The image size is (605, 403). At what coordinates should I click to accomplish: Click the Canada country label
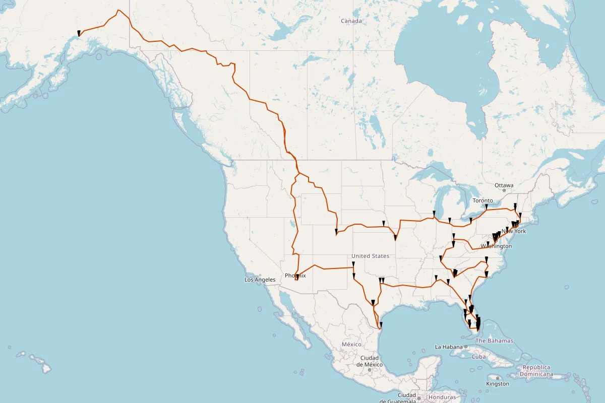click(351, 21)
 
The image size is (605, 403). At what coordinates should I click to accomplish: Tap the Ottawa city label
click(504, 185)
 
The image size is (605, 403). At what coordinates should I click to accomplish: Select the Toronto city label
click(482, 200)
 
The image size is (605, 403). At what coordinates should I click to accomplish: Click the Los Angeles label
click(260, 280)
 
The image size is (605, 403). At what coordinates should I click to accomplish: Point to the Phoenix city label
click(295, 276)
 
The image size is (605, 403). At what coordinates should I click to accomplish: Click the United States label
click(371, 256)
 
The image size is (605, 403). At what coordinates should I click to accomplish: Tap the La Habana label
click(449, 347)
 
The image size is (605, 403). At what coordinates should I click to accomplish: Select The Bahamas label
click(494, 341)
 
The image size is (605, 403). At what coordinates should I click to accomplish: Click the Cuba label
click(478, 357)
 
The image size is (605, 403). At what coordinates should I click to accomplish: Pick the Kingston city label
click(498, 384)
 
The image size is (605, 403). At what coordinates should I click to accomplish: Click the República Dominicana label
click(536, 371)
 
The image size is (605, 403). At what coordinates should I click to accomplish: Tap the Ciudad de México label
click(370, 361)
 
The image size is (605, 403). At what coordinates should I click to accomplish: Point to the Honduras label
click(442, 397)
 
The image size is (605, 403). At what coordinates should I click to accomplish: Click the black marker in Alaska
click(79, 33)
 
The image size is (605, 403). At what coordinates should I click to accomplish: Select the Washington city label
click(496, 246)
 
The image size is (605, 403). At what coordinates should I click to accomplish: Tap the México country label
click(351, 344)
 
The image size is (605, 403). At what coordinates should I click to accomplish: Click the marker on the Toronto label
click(486, 206)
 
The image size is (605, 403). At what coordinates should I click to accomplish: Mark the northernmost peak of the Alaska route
click(118, 11)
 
